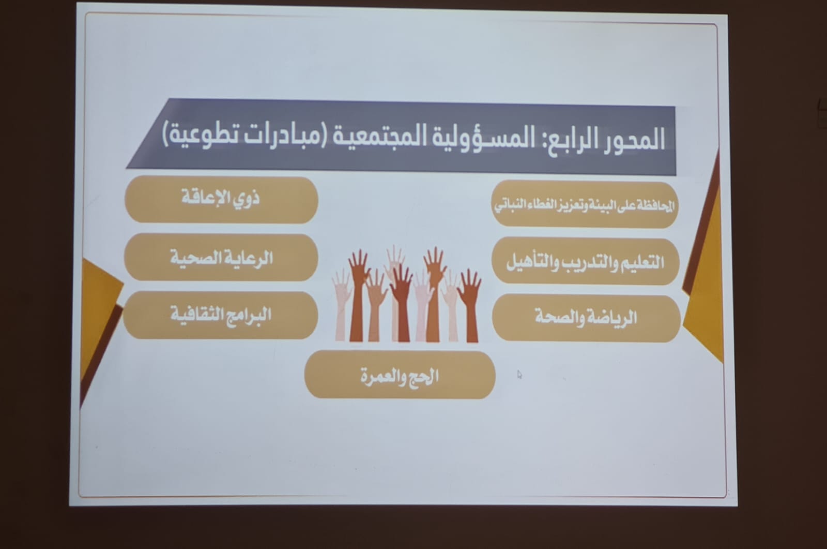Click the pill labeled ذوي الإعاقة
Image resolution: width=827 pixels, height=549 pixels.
[x=222, y=200]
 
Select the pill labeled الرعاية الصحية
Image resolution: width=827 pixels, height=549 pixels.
[x=221, y=257]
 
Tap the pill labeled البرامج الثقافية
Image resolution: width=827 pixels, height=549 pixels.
[x=220, y=315]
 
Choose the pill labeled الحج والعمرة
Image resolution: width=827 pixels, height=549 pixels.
[x=400, y=375]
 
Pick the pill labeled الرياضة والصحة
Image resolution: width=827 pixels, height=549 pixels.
[x=586, y=318]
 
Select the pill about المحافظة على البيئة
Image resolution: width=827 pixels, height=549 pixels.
[x=585, y=204]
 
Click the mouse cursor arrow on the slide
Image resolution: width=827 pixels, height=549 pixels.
[x=519, y=375]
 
